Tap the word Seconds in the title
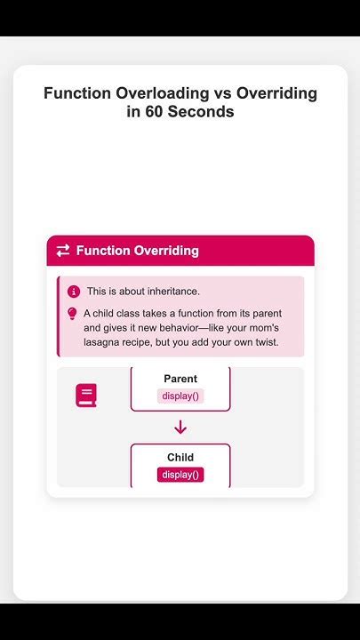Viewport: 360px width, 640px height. [x=205, y=113]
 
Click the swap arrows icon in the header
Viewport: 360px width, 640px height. [x=63, y=251]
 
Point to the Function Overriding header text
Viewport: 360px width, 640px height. [x=137, y=251]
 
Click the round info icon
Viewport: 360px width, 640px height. [x=73, y=292]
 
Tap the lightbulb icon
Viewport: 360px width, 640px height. [x=73, y=314]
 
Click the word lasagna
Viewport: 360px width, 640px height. [x=106, y=342]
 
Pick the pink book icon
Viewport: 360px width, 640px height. [x=85, y=396]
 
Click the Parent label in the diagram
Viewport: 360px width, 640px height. [x=180, y=379]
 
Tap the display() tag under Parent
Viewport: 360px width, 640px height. [x=180, y=396]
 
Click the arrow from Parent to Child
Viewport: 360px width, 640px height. [x=180, y=428]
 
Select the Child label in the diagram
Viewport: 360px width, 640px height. [x=180, y=458]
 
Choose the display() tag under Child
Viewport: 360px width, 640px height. [x=180, y=475]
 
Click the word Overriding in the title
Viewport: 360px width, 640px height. [x=271, y=93]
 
